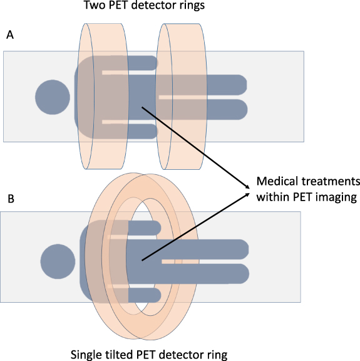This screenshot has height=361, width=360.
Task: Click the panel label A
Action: pyautogui.click(x=9, y=36)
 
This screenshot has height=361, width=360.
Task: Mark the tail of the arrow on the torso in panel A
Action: pyautogui.click(x=142, y=107)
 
